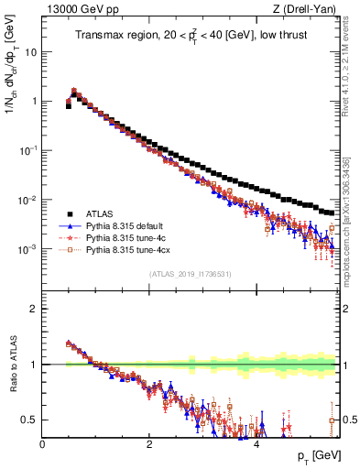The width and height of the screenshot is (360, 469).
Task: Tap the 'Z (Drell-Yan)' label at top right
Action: pyautogui.click(x=310, y=10)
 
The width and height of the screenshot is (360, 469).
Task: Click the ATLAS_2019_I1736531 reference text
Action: pyautogui.click(x=191, y=274)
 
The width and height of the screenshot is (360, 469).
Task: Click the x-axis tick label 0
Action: pyautogui.click(x=42, y=444)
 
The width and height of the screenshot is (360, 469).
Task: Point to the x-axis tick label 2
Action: pyautogui.click(x=149, y=444)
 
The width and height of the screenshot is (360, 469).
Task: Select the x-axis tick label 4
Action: pyautogui.click(x=256, y=444)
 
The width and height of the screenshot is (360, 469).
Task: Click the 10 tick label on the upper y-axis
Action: pyautogui.click(x=31, y=52)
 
